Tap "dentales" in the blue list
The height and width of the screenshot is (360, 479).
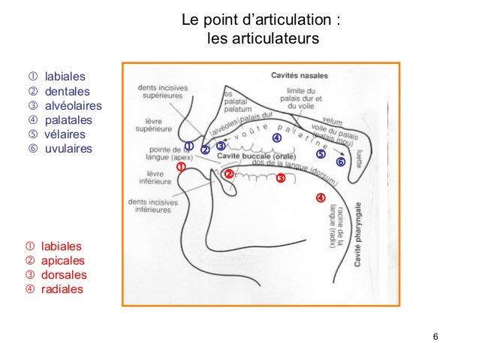point(67,91)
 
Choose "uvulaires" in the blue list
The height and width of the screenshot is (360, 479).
point(68,149)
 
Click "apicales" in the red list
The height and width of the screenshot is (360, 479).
point(63,260)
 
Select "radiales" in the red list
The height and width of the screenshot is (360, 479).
point(62,289)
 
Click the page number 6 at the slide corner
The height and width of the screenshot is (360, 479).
point(436,335)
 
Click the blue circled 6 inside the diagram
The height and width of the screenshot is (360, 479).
point(340,162)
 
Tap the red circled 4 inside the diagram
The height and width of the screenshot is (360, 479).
point(320,198)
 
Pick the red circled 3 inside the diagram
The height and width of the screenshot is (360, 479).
point(280,179)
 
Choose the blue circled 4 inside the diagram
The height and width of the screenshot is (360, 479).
point(276,138)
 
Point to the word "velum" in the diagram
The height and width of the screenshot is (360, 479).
point(331,117)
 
